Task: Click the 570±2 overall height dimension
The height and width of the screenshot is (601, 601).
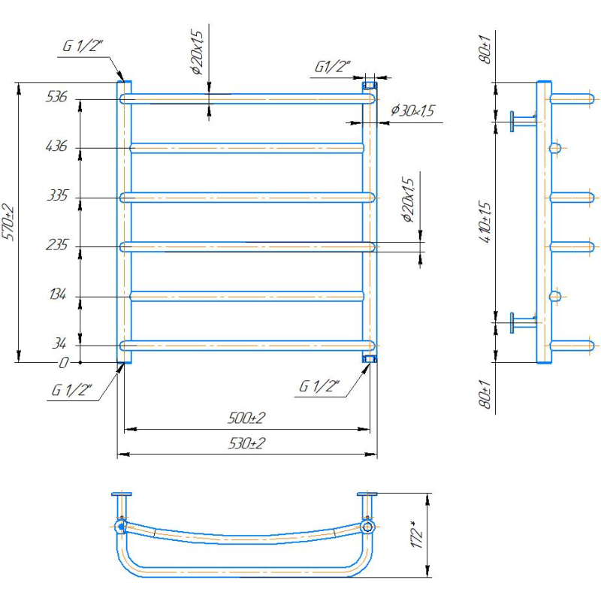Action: (x=8, y=223)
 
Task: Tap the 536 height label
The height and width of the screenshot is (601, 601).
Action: (x=56, y=97)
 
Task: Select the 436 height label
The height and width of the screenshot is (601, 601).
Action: (x=56, y=146)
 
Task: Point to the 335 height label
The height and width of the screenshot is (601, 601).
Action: (x=58, y=195)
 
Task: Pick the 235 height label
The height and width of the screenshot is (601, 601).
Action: (x=57, y=245)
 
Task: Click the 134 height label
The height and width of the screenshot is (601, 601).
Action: (x=58, y=294)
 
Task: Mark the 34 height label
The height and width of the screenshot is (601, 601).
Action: (x=59, y=343)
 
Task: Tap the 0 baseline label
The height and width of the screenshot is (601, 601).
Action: (x=64, y=363)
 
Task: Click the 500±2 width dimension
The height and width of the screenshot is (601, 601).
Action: (x=246, y=418)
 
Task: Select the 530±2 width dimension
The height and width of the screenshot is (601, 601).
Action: (x=246, y=443)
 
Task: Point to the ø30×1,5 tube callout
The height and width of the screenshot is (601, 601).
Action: (x=412, y=110)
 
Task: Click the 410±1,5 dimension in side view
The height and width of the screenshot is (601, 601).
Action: (x=485, y=222)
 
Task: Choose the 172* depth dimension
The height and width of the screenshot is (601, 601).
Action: (x=417, y=535)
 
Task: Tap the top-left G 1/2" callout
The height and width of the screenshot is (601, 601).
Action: (x=83, y=46)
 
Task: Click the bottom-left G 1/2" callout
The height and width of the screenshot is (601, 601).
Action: (x=71, y=390)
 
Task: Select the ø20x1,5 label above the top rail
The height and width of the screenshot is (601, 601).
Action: (x=197, y=52)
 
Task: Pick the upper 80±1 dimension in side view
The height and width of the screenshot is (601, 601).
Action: (x=485, y=49)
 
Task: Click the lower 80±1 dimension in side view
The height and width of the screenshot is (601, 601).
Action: (x=485, y=394)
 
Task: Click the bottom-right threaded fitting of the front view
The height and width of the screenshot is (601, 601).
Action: (x=370, y=359)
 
